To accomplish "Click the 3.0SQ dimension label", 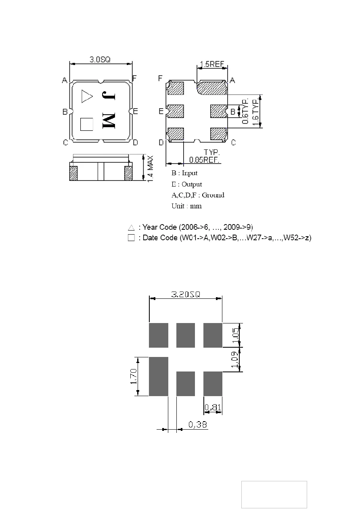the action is click(x=100, y=59).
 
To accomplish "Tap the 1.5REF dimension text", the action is click(x=212, y=64).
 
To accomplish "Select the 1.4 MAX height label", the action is click(x=150, y=169).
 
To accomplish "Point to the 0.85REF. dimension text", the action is click(x=204, y=160).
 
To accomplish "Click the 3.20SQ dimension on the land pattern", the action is click(x=186, y=294).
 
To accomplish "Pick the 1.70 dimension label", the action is click(x=134, y=376).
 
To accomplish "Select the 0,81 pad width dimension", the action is click(x=213, y=407).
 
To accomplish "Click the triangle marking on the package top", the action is click(x=87, y=97).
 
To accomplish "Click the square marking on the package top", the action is click(x=87, y=124).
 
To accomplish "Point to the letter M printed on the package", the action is click(x=109, y=120).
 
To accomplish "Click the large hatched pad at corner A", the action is click(x=212, y=88).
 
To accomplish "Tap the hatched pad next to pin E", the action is click(x=176, y=111).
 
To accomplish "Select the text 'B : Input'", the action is click(x=184, y=173).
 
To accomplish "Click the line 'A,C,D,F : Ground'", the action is click(x=198, y=195).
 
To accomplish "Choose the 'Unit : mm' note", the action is click(x=186, y=206).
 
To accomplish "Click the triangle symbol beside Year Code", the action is click(x=131, y=227).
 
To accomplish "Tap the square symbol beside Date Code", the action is click(x=131, y=238).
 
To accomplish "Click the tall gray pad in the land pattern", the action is click(x=158, y=376).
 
